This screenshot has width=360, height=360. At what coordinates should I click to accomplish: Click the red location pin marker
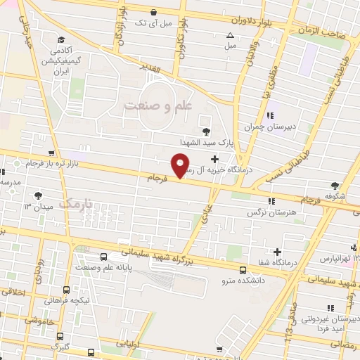181,166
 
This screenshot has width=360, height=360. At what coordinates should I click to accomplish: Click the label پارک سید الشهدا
175,141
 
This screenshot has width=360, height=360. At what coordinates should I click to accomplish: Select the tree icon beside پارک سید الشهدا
205,131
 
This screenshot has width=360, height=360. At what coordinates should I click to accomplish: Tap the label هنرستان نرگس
268,211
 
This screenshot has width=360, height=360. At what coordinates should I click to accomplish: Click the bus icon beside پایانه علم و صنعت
103,257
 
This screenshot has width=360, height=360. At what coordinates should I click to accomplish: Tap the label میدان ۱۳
39,206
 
